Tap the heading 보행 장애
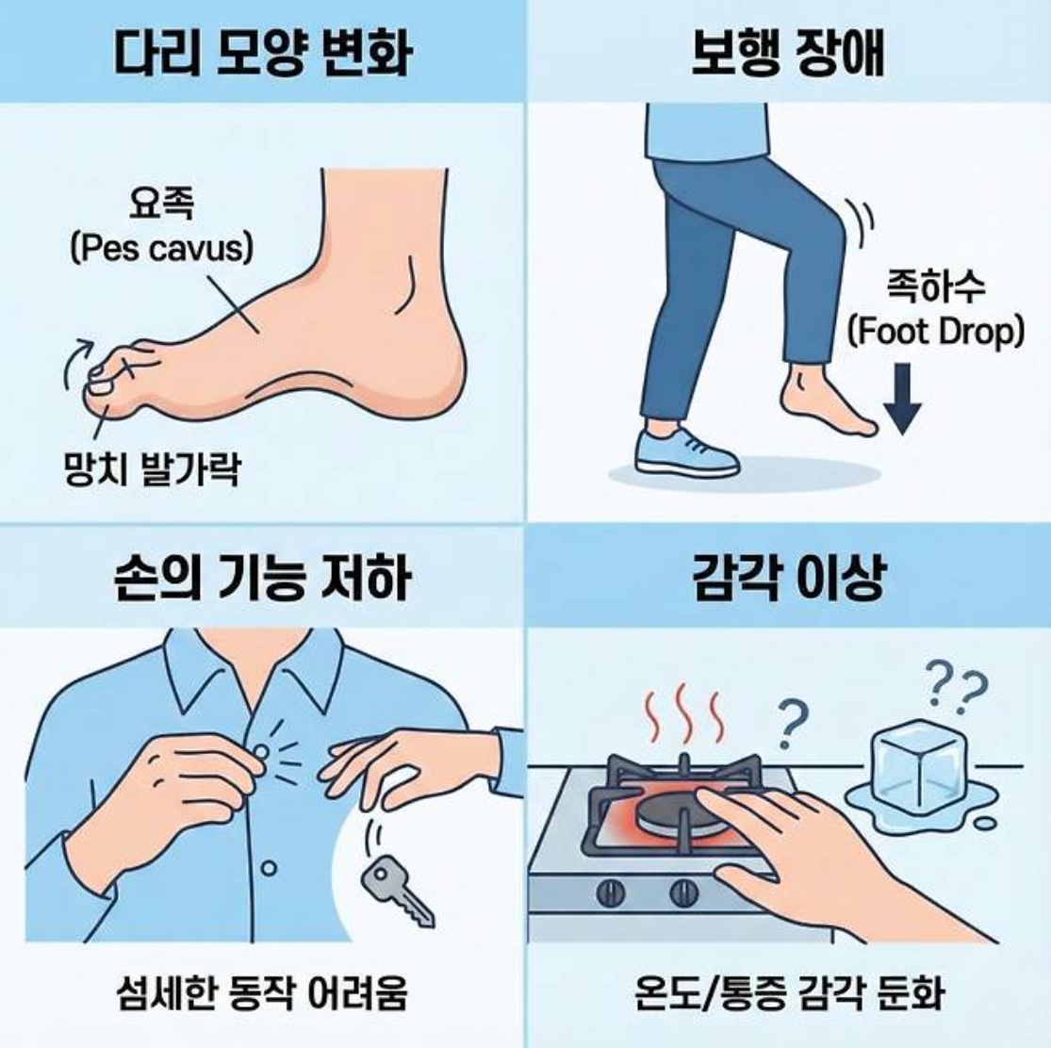click(x=788, y=53)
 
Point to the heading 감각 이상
click(x=788, y=576)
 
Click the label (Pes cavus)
click(x=162, y=249)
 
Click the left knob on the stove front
click(x=612, y=892)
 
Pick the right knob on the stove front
click(x=683, y=892)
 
